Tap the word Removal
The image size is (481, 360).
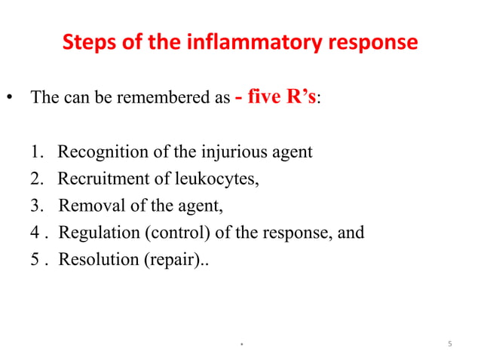pos(87,205)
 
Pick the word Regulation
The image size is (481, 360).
pos(95,232)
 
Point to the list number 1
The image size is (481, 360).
pos(36,152)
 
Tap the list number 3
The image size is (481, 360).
pos(36,205)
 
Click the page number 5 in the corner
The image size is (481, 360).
pos(449,345)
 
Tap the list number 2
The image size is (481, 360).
pos(36,178)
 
